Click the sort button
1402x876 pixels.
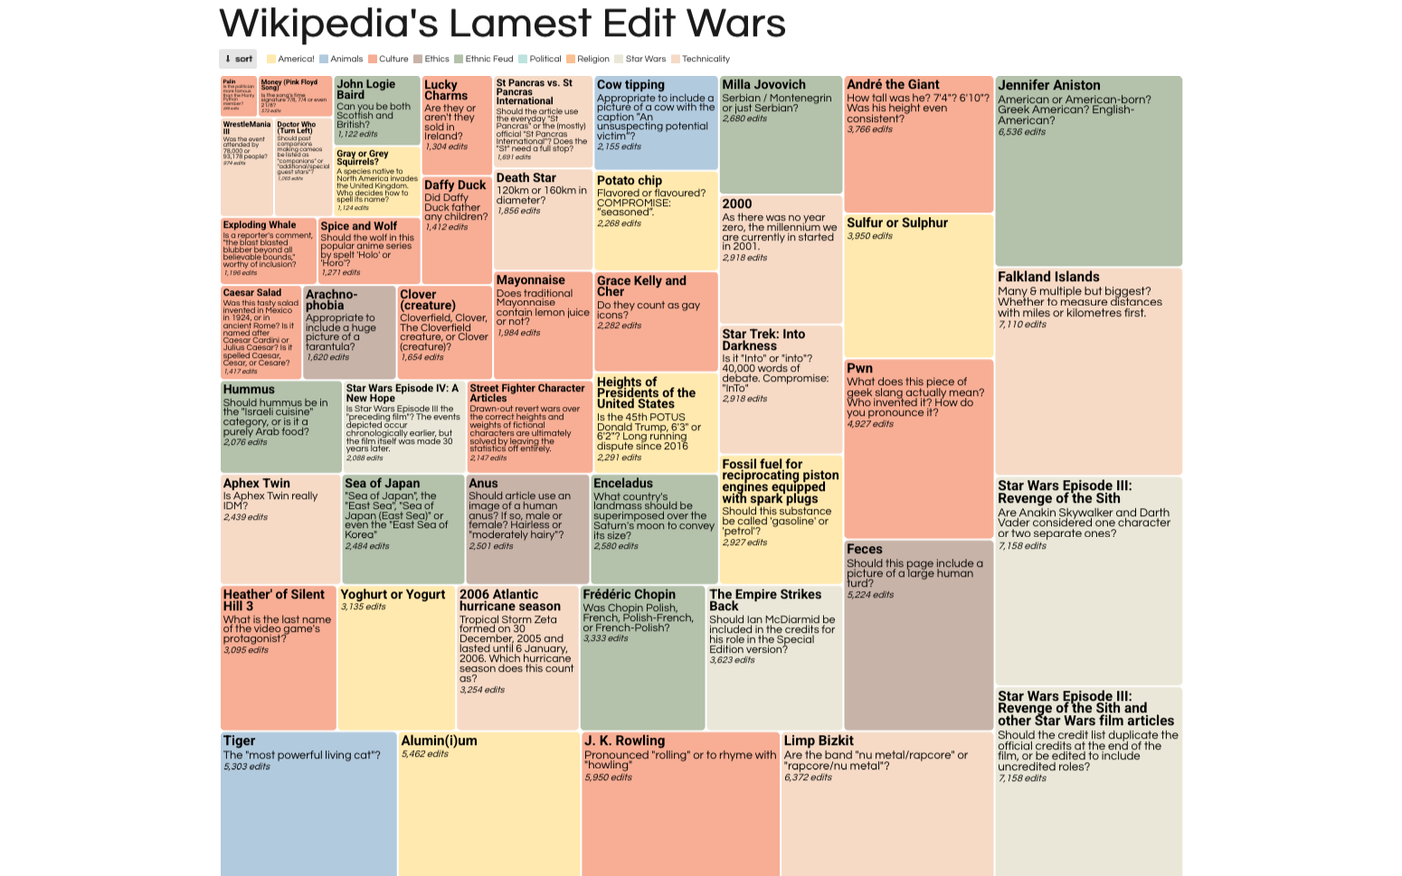238,59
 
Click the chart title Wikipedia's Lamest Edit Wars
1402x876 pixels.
502,24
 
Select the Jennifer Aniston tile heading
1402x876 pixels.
1049,85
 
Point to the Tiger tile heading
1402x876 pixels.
240,740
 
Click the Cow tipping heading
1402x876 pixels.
630,85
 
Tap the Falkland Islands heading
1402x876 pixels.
1048,277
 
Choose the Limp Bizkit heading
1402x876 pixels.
819,740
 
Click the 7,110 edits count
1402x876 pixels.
1022,325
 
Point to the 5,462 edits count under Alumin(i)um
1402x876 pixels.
425,754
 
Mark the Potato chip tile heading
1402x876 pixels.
630,181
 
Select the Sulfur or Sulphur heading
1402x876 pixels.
897,222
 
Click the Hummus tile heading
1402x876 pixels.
249,389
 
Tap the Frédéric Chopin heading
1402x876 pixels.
630,594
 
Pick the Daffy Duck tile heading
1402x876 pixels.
455,185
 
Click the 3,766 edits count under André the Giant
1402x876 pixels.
870,130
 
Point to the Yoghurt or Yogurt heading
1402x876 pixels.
393,594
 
